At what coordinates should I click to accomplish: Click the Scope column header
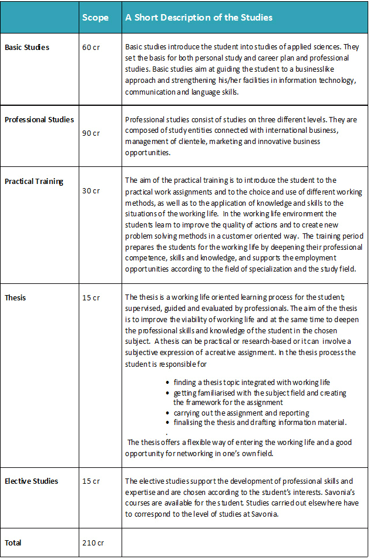tap(95, 18)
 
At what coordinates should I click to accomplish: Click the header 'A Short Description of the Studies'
tap(199, 18)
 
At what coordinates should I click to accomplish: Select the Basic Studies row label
tap(27, 47)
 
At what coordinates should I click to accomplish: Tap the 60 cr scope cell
tap(91, 47)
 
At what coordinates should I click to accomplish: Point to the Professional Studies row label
tap(39, 119)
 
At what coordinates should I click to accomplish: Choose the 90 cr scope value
tap(91, 133)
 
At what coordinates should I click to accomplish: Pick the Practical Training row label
tap(34, 181)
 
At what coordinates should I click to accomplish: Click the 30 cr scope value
tap(91, 190)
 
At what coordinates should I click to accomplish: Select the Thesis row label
tap(15, 297)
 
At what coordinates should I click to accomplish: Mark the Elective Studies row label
tap(32, 481)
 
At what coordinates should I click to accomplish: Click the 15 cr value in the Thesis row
tap(91, 297)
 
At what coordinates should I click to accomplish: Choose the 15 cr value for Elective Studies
tap(91, 481)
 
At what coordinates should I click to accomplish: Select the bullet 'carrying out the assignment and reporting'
tap(241, 413)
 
